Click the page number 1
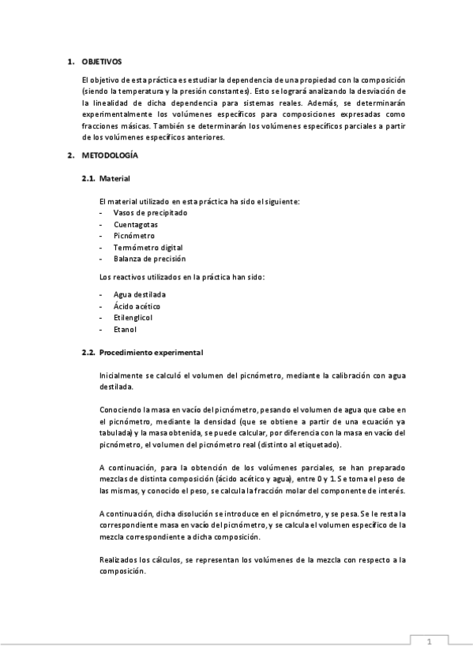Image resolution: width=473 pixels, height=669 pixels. point(428,642)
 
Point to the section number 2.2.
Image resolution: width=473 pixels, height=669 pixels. point(89,351)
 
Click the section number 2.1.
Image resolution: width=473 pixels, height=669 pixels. point(89,179)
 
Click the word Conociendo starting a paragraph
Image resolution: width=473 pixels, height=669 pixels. point(121,410)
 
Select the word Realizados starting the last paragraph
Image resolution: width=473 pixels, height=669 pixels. point(118,559)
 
